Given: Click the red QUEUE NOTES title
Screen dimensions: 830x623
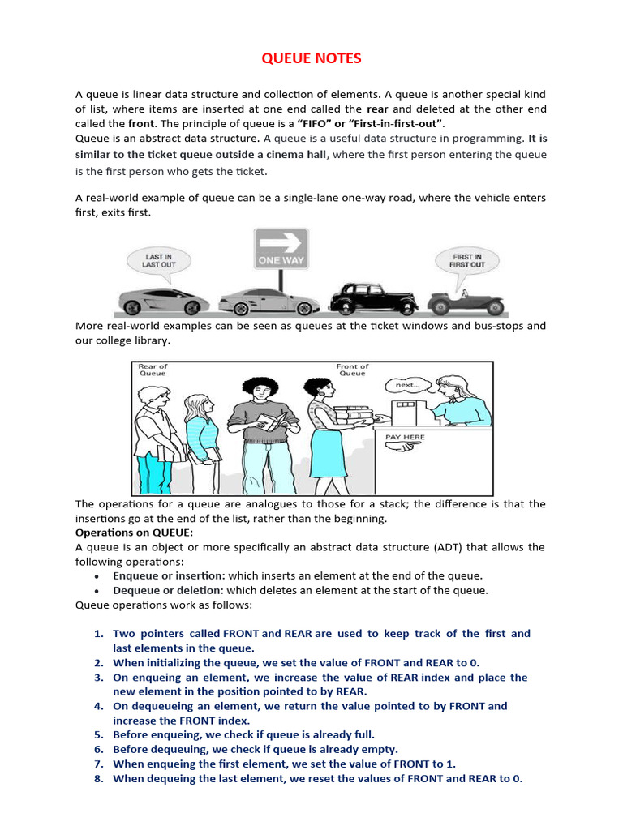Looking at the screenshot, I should (311, 59).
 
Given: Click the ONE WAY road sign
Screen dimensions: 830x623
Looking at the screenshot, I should (281, 250).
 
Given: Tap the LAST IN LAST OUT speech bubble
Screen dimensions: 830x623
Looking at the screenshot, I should (158, 260).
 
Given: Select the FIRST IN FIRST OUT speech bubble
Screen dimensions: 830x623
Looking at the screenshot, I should (467, 260).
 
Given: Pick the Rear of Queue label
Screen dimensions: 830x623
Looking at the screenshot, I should (153, 370).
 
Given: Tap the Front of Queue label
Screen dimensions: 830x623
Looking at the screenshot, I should (352, 370).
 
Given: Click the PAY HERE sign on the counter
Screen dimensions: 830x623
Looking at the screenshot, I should (405, 437).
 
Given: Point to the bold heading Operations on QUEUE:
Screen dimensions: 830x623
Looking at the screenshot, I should (135, 533).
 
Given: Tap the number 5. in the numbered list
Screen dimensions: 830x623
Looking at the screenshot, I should (99, 735).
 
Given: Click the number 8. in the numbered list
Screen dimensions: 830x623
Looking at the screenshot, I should (99, 778).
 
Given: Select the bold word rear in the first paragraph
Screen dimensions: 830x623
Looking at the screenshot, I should (377, 109).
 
